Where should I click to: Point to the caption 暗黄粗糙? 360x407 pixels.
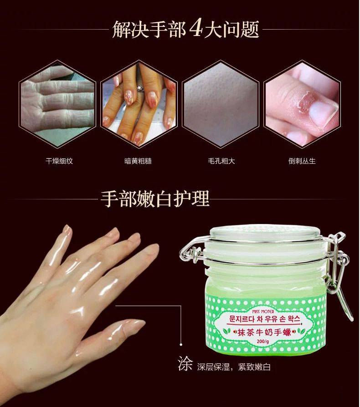click(x=139, y=161)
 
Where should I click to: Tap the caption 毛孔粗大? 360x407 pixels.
click(x=221, y=161)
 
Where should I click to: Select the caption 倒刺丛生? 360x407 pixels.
click(x=302, y=161)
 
